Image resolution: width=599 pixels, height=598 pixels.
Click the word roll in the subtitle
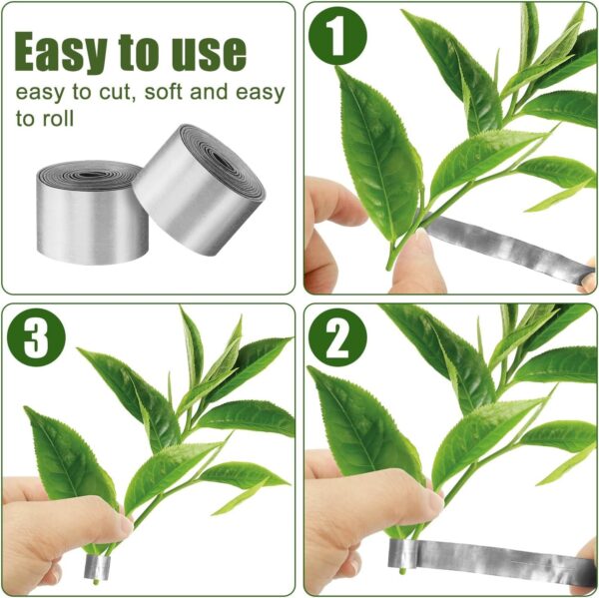pyautogui.click(x=58, y=119)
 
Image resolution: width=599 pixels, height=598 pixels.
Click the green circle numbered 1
pyautogui.click(x=337, y=36)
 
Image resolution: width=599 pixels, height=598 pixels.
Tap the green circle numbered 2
pyautogui.click(x=337, y=337)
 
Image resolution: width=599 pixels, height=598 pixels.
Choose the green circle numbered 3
pyautogui.click(x=36, y=337)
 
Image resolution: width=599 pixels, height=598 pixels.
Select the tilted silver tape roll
pyautogui.click(x=200, y=190)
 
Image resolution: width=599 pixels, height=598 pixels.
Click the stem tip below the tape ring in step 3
pyautogui.click(x=96, y=582)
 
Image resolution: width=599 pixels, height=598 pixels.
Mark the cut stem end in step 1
pyautogui.click(x=389, y=267)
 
